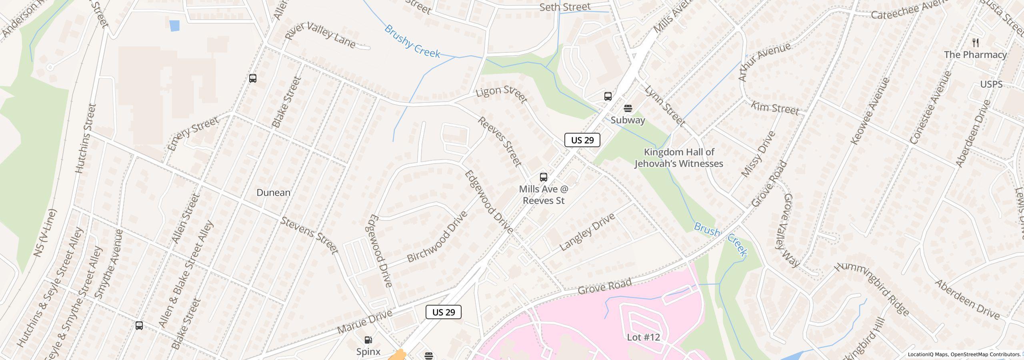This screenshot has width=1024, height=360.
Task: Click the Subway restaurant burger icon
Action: (x=628, y=108)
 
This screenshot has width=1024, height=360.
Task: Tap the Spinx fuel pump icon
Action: (x=368, y=340)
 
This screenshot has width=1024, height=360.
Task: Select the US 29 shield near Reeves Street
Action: (x=582, y=140)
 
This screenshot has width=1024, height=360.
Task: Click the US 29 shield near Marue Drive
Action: (x=443, y=312)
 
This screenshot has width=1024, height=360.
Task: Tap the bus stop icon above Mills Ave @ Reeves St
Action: (x=543, y=177)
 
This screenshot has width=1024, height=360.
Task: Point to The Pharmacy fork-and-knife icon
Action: (x=976, y=43)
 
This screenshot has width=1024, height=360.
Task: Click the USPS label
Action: (x=991, y=84)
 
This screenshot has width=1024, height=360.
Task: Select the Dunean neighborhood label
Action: (x=273, y=193)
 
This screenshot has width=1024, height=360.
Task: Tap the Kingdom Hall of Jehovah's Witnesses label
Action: (x=679, y=158)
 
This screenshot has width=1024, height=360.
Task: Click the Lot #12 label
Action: (x=643, y=337)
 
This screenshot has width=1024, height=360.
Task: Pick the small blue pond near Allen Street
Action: (x=174, y=26)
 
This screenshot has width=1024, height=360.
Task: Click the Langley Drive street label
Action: (x=587, y=232)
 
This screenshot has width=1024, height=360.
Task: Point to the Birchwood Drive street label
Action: (x=437, y=237)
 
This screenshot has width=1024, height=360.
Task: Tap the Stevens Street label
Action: (x=309, y=236)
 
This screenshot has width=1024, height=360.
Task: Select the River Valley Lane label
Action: (x=320, y=35)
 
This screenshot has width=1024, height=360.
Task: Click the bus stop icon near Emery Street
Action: (x=252, y=78)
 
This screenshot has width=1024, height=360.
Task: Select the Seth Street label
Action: (x=565, y=7)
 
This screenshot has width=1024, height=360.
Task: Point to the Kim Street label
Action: (x=774, y=108)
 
